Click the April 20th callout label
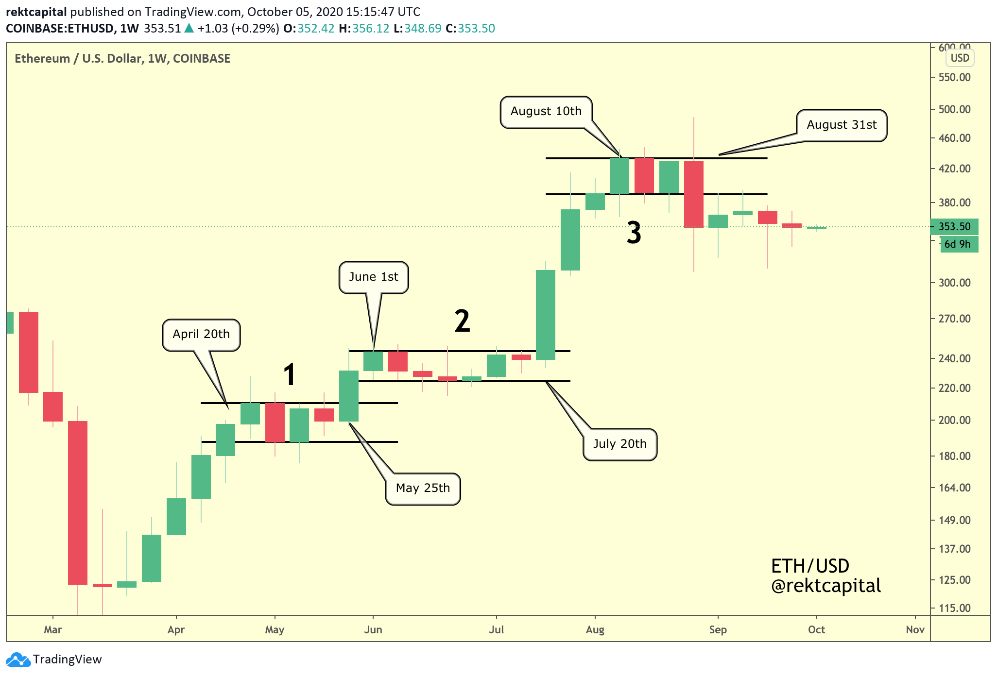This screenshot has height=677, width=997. pos(201,335)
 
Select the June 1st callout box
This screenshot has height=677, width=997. pos(373,277)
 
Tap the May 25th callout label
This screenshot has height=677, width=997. pos(423,489)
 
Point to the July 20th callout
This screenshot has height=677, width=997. pos(619,444)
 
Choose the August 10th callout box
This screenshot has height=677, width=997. pos(546,112)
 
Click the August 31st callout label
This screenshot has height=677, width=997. pos(841,125)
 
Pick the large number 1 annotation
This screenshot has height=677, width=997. pos(290,375)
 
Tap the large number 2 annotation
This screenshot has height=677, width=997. pos(462,321)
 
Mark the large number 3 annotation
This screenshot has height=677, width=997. pos(634,233)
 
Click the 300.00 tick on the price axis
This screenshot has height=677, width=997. pos(954,283)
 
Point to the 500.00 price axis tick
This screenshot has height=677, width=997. pos(954,110)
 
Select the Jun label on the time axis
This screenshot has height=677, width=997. pos(373,630)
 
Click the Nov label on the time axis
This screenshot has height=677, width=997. pos(915,630)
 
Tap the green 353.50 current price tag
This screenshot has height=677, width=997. pos(954,227)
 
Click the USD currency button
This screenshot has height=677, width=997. pos(960,58)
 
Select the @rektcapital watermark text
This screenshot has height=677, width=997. pos(826,586)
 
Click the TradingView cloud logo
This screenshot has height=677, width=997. pos(18,660)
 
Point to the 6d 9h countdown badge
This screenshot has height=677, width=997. pos(958,244)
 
